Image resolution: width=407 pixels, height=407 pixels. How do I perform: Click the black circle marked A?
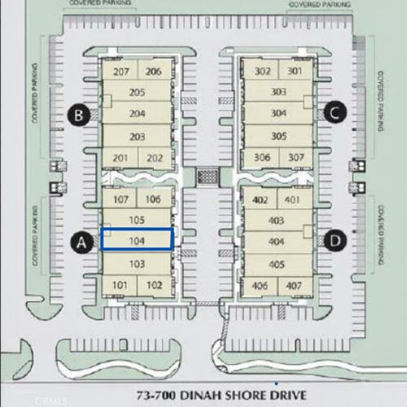(x=80, y=241)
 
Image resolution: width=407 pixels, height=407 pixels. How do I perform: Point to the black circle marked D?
(x=333, y=240)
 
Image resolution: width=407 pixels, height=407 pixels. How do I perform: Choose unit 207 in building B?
(x=121, y=72)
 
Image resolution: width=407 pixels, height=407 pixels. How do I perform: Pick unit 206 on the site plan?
(x=154, y=72)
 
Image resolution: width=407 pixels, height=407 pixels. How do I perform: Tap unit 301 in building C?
(x=295, y=71)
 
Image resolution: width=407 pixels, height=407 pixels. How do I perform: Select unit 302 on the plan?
(x=262, y=71)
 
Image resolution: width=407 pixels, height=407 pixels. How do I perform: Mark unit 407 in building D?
(x=295, y=285)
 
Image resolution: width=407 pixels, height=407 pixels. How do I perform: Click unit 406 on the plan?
(x=261, y=285)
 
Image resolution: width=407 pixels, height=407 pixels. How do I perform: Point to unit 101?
(x=120, y=285)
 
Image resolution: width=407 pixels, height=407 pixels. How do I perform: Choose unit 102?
(x=154, y=285)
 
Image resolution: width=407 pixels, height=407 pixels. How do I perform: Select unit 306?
(x=262, y=156)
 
